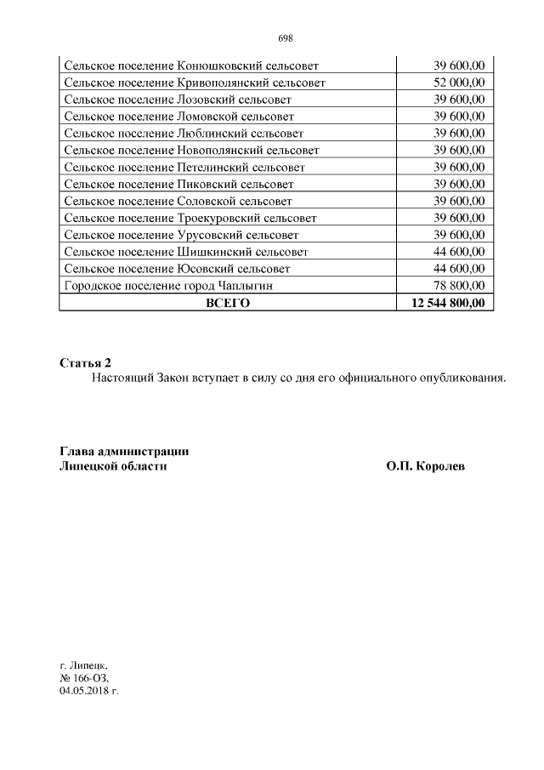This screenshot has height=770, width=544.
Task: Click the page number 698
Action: click(285, 38)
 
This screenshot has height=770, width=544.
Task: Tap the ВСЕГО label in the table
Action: click(228, 303)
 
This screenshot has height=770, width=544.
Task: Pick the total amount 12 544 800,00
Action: click(448, 303)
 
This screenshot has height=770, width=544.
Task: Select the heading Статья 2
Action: click(86, 363)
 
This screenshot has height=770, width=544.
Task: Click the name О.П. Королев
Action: click(426, 466)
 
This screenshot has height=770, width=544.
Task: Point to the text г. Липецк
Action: click(84, 664)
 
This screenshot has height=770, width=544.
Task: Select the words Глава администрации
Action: click(124, 451)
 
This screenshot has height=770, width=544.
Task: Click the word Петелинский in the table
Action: click(210, 168)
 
